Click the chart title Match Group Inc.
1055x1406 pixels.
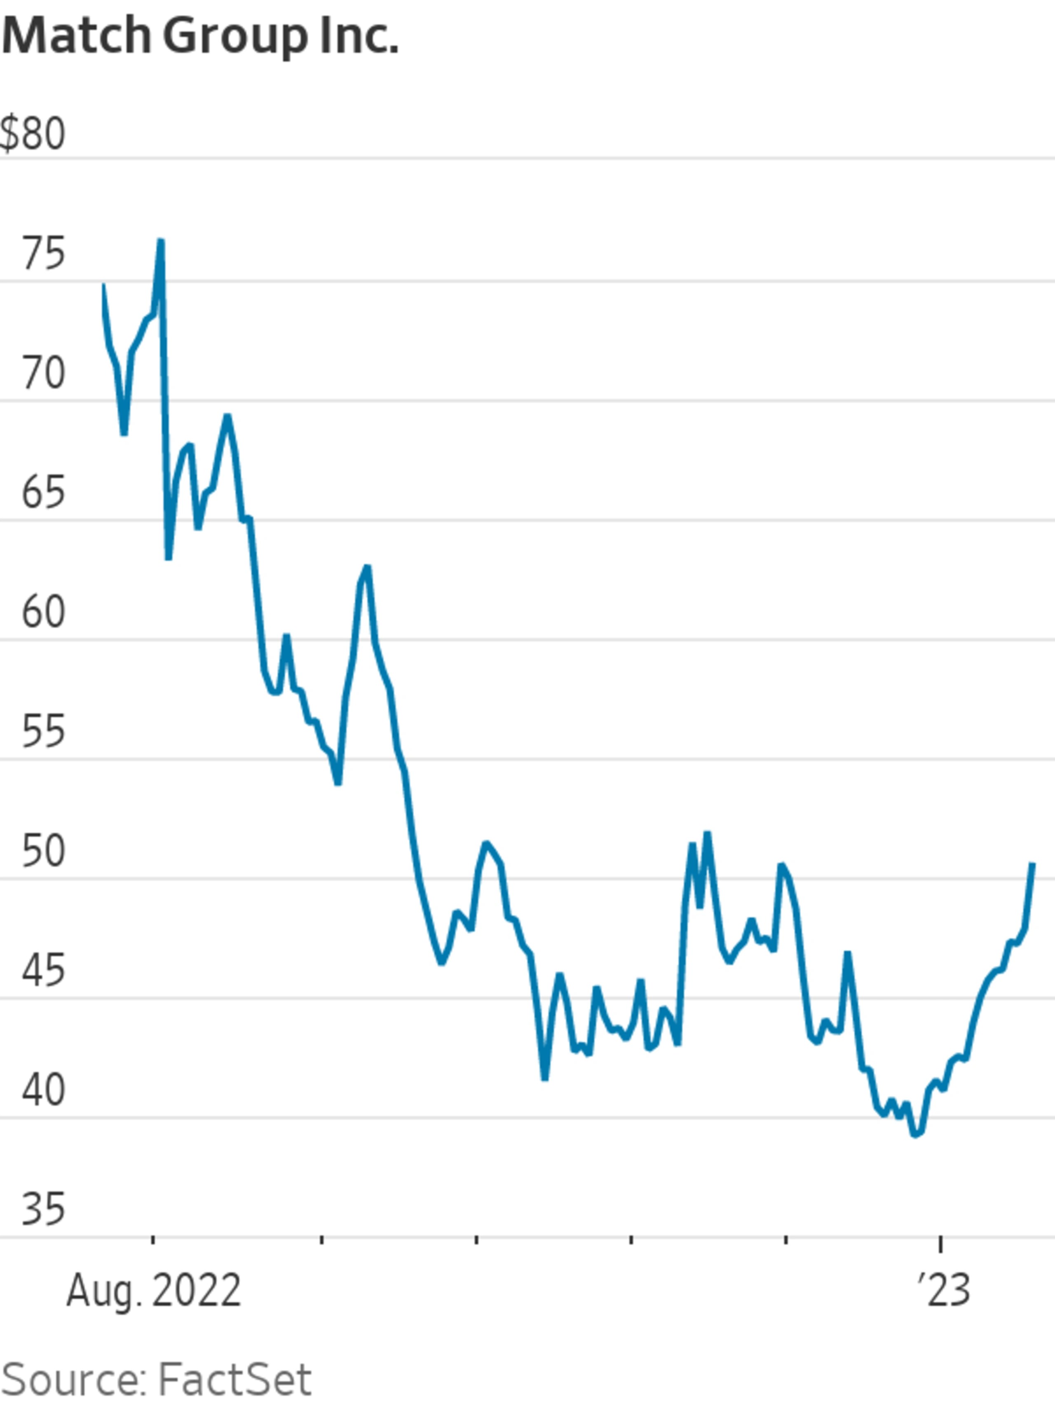click(x=200, y=37)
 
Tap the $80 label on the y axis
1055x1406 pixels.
click(x=33, y=134)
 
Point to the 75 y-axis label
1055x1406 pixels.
click(x=43, y=254)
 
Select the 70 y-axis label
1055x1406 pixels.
click(x=43, y=373)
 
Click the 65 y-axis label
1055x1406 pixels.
click(x=43, y=493)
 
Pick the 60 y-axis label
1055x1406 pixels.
click(x=43, y=612)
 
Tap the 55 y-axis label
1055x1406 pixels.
click(x=43, y=732)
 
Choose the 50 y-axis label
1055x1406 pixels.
click(x=43, y=851)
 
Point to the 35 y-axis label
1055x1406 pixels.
click(x=43, y=1209)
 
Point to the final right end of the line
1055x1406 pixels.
click(x=1033, y=864)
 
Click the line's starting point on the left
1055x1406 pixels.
click(x=104, y=285)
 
